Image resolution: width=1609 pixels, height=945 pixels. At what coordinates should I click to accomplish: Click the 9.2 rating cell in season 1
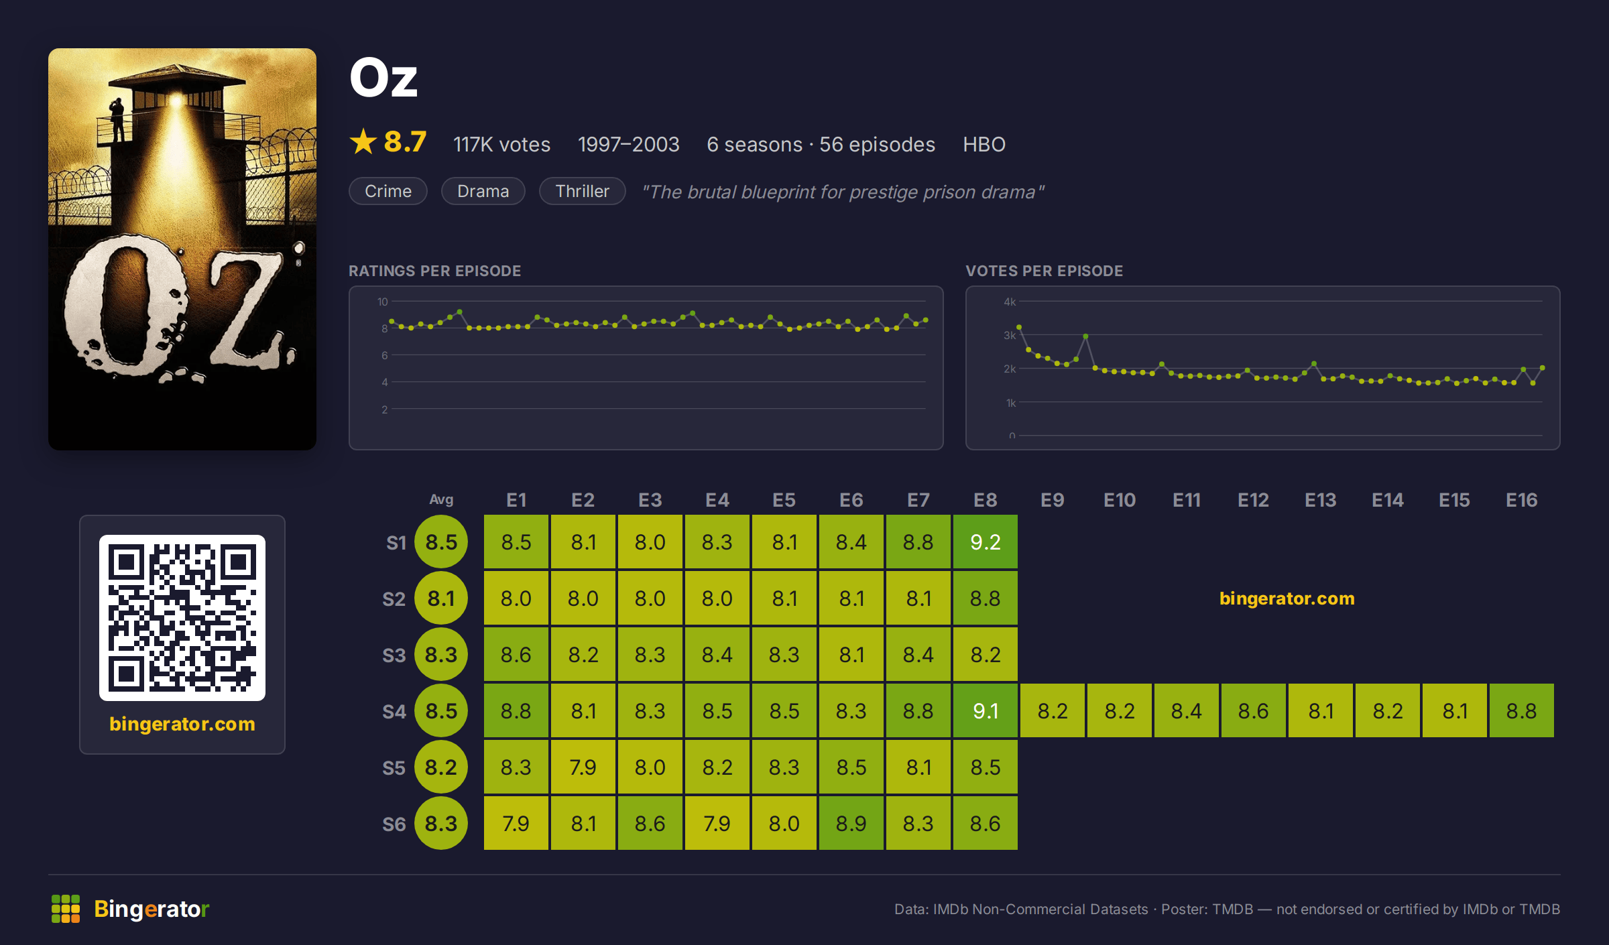pos(985,542)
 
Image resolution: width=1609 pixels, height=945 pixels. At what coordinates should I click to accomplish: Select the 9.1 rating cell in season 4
pos(985,710)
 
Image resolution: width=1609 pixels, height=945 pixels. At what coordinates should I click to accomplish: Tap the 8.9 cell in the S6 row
pos(851,823)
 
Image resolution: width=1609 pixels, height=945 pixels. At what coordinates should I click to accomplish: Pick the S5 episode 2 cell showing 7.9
pos(583,767)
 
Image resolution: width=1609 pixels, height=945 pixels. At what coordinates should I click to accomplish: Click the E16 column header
pos(1521,500)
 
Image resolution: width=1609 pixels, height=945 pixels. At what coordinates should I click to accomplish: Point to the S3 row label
pos(394,655)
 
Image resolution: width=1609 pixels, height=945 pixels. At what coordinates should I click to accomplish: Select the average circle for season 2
pos(441,598)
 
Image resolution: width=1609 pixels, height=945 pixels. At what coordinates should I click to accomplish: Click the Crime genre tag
pos(388,191)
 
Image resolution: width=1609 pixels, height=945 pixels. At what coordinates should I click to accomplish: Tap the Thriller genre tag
pos(583,191)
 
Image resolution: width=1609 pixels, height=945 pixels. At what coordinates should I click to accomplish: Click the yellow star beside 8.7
pos(363,141)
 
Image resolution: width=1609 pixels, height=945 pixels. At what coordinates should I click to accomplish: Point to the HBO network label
pos(984,144)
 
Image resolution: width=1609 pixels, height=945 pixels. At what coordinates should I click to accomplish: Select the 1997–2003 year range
pos(629,144)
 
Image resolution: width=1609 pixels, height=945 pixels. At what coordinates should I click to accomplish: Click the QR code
pos(182,617)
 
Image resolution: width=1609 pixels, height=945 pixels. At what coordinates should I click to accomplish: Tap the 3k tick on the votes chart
pos(1010,335)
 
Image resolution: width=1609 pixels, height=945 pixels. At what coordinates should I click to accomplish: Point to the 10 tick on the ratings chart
pos(382,302)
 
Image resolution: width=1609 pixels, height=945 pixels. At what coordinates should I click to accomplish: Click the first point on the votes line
pos(1019,327)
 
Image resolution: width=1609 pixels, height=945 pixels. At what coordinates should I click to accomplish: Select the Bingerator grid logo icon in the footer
pos(66,909)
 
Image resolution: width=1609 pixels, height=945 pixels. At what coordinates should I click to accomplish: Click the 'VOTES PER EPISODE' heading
pos(1044,271)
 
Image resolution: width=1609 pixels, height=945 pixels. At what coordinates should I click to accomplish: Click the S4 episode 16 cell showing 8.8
pos(1521,710)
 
